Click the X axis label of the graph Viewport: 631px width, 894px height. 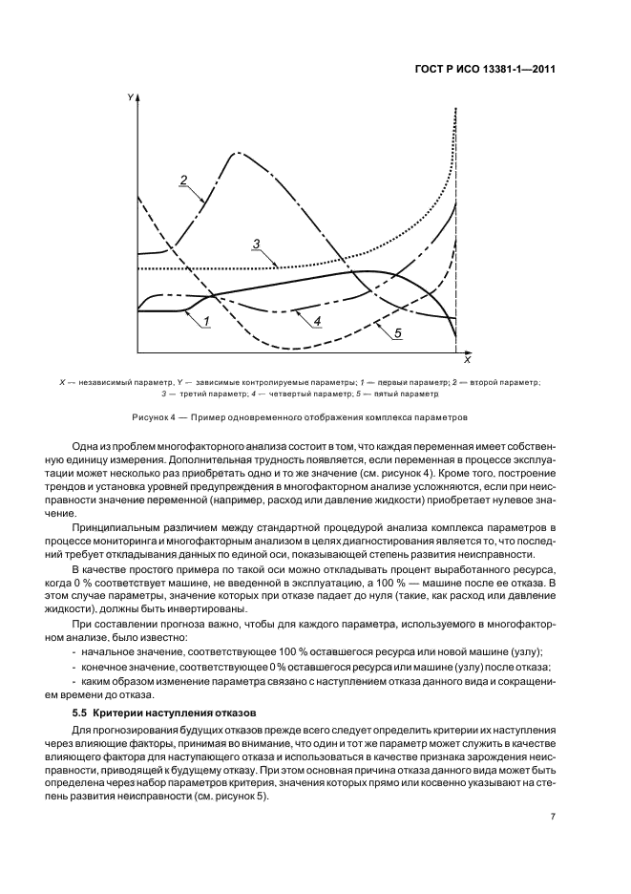click(x=467, y=361)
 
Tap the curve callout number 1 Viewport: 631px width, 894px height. click(x=205, y=322)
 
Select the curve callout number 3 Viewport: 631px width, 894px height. click(x=257, y=244)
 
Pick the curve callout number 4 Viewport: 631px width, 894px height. click(x=316, y=321)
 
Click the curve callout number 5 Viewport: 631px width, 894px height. click(x=397, y=331)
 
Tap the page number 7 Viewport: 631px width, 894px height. click(x=553, y=817)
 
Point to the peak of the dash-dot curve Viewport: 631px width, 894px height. click(x=235, y=153)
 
